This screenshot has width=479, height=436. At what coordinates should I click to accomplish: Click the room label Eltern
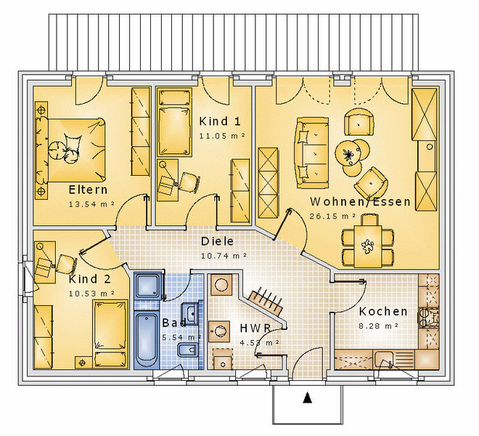click(x=88, y=190)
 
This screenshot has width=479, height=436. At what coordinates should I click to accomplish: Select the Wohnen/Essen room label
click(x=360, y=201)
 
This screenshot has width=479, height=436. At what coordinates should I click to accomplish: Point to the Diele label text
click(x=217, y=241)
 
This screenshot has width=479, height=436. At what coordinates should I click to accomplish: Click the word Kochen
click(x=383, y=312)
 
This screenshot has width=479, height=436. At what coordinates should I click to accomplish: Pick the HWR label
click(x=255, y=328)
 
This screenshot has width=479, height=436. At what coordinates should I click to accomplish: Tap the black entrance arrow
click(x=307, y=397)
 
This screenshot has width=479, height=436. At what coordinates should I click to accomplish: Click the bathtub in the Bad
click(x=147, y=339)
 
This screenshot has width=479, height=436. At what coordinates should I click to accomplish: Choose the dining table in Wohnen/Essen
click(x=368, y=246)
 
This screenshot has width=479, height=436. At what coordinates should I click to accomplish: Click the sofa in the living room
click(x=312, y=153)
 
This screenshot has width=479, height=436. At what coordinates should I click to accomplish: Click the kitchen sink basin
click(x=384, y=360)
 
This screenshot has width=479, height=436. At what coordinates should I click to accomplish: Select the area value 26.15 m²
click(x=332, y=216)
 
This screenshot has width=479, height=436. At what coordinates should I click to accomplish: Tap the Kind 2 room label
click(x=89, y=279)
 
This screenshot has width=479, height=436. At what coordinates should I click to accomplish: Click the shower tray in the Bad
click(x=147, y=286)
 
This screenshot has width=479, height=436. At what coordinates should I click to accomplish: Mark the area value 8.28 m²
click(x=379, y=326)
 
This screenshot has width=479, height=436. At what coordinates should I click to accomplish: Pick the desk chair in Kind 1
click(x=189, y=182)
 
